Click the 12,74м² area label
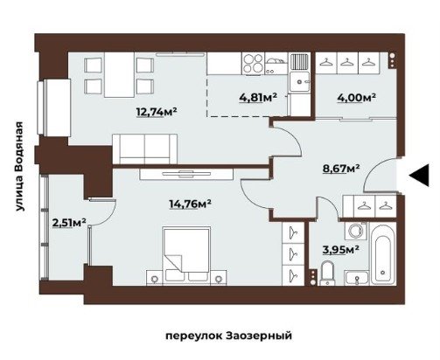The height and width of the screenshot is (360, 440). click(x=157, y=111)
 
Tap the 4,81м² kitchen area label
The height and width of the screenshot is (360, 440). click(x=258, y=98)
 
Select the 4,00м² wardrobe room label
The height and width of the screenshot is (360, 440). click(x=356, y=98)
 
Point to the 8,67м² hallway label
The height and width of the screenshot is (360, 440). click(x=340, y=168)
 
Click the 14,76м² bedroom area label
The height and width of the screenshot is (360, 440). click(x=191, y=204)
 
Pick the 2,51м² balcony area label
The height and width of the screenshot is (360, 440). click(x=69, y=223)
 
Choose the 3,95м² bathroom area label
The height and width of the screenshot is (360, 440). click(x=340, y=249)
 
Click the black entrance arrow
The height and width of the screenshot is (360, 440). click(x=419, y=175)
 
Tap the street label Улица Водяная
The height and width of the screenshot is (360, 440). click(x=19, y=166)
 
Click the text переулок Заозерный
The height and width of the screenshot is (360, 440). click(x=229, y=336)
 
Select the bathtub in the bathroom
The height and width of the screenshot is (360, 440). click(x=383, y=253)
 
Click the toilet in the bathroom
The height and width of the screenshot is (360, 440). click(x=327, y=273)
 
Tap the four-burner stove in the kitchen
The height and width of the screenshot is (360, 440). click(x=253, y=63)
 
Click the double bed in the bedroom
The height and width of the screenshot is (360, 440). click(x=186, y=254)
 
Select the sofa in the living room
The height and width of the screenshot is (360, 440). click(x=144, y=149)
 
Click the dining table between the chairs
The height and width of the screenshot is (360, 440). click(x=119, y=74)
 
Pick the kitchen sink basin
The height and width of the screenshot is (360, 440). click(x=299, y=82)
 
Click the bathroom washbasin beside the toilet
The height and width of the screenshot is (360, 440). click(x=357, y=278)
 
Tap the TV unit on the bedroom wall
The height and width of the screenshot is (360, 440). click(x=186, y=174)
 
